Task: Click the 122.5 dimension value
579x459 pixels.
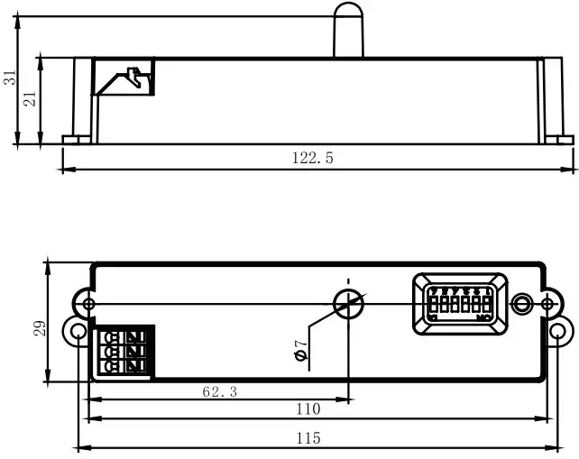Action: point(313,158)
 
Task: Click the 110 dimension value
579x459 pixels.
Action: point(308,409)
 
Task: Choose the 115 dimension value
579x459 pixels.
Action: point(308,438)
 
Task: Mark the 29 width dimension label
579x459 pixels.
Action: point(39,326)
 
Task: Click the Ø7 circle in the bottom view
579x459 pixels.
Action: point(348,303)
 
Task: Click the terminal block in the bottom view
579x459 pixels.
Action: point(124,350)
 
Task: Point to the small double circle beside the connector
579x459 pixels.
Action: point(522,304)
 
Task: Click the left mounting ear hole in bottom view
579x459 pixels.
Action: point(76,333)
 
